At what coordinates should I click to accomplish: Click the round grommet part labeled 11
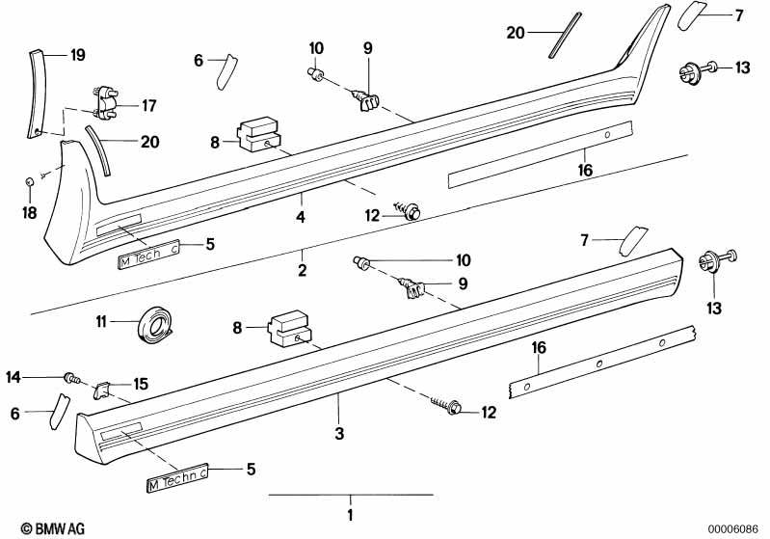click(x=155, y=323)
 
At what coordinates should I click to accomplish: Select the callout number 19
click(x=78, y=55)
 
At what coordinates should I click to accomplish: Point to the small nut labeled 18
click(x=30, y=182)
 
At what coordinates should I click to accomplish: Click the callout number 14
click(x=13, y=377)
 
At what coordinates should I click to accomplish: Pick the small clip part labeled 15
click(x=101, y=391)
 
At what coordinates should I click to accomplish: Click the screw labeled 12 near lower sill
click(x=447, y=406)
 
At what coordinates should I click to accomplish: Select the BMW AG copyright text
click(x=53, y=529)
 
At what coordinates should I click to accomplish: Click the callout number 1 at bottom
click(x=350, y=516)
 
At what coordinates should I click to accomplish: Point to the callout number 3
click(x=339, y=433)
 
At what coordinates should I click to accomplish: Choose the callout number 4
click(x=301, y=217)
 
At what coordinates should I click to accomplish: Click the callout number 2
click(x=302, y=270)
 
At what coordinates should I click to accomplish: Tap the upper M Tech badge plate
click(x=148, y=256)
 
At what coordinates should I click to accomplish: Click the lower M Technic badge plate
click(x=177, y=477)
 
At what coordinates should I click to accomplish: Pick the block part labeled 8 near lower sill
click(x=289, y=329)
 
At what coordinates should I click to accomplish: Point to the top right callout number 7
click(x=739, y=15)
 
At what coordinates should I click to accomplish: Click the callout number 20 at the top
click(x=516, y=33)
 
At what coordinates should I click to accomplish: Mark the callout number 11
click(x=100, y=322)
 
